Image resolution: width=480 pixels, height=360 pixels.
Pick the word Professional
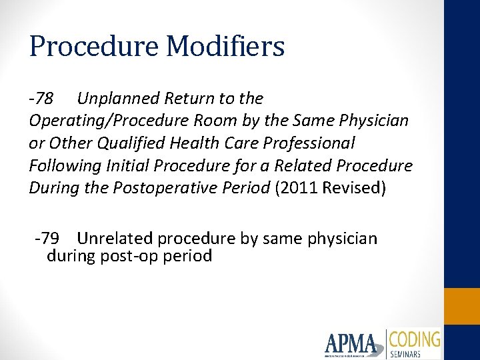[307, 143]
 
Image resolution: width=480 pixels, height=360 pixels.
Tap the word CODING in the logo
[415, 339]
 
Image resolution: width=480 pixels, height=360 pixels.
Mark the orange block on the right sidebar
[462, 306]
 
